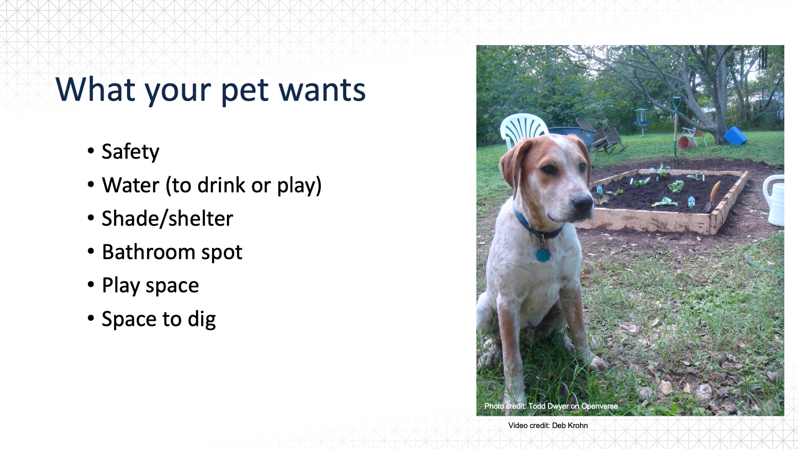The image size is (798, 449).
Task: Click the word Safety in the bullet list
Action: tap(131, 152)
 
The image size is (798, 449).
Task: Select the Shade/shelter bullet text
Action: tap(167, 219)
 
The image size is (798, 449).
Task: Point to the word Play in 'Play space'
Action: tap(121, 286)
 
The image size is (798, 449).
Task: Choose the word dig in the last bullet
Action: tap(202, 319)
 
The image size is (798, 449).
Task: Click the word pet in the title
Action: tap(245, 90)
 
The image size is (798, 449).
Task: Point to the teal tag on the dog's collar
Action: tap(543, 255)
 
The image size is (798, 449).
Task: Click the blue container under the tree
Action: tap(736, 136)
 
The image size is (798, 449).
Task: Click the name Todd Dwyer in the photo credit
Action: tap(548, 406)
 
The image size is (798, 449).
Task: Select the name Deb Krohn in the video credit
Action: tap(570, 426)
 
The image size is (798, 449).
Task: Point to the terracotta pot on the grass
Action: tap(686, 142)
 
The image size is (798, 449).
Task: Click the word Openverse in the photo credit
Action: tap(599, 406)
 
